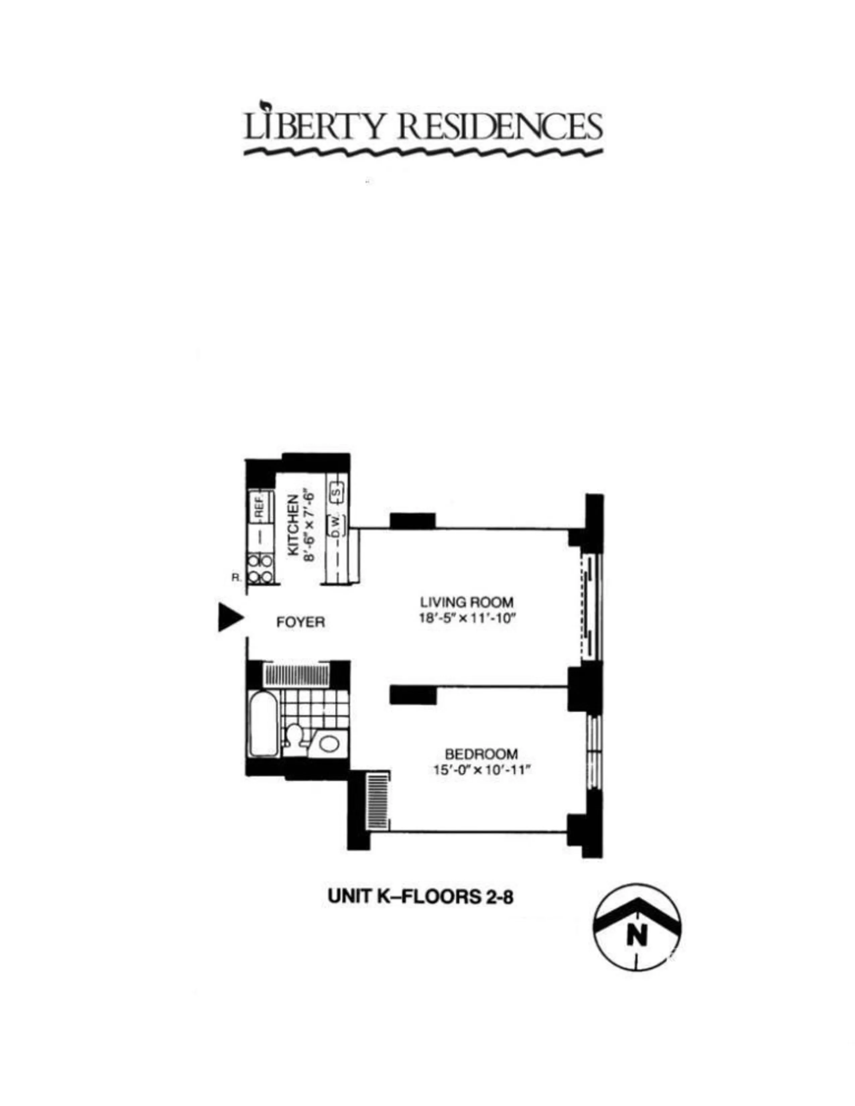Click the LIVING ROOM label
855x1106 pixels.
[x=466, y=602]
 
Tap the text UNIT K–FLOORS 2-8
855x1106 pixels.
[x=420, y=896]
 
